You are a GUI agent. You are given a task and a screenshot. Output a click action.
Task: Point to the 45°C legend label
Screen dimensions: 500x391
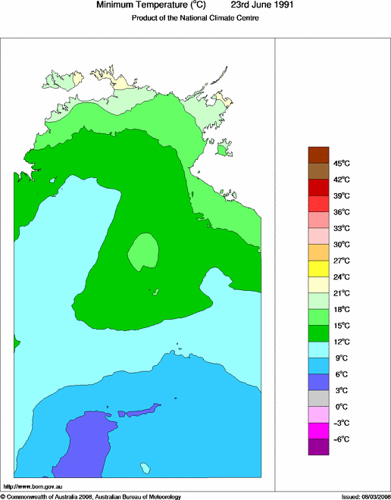click(342, 163)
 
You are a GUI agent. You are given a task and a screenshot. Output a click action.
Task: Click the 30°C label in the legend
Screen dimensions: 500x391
click(342, 244)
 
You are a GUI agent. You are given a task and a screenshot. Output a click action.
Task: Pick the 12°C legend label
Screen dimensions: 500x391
click(342, 342)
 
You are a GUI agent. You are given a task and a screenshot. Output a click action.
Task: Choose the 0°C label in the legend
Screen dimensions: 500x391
click(342, 407)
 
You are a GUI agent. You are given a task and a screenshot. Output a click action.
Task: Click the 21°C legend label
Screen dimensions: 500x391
click(342, 293)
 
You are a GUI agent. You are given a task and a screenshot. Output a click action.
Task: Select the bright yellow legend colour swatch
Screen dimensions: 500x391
click(318, 268)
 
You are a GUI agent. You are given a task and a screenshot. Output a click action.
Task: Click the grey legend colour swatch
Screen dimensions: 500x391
click(318, 398)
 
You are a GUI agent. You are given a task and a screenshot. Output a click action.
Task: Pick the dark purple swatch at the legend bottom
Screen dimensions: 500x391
click(318, 447)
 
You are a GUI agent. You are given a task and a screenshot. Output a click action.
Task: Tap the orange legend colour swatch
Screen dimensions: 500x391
click(318, 252)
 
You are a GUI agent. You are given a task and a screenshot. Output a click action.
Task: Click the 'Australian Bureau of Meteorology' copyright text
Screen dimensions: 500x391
click(138, 496)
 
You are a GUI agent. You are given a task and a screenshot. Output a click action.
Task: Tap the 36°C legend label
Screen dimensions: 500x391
click(342, 211)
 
